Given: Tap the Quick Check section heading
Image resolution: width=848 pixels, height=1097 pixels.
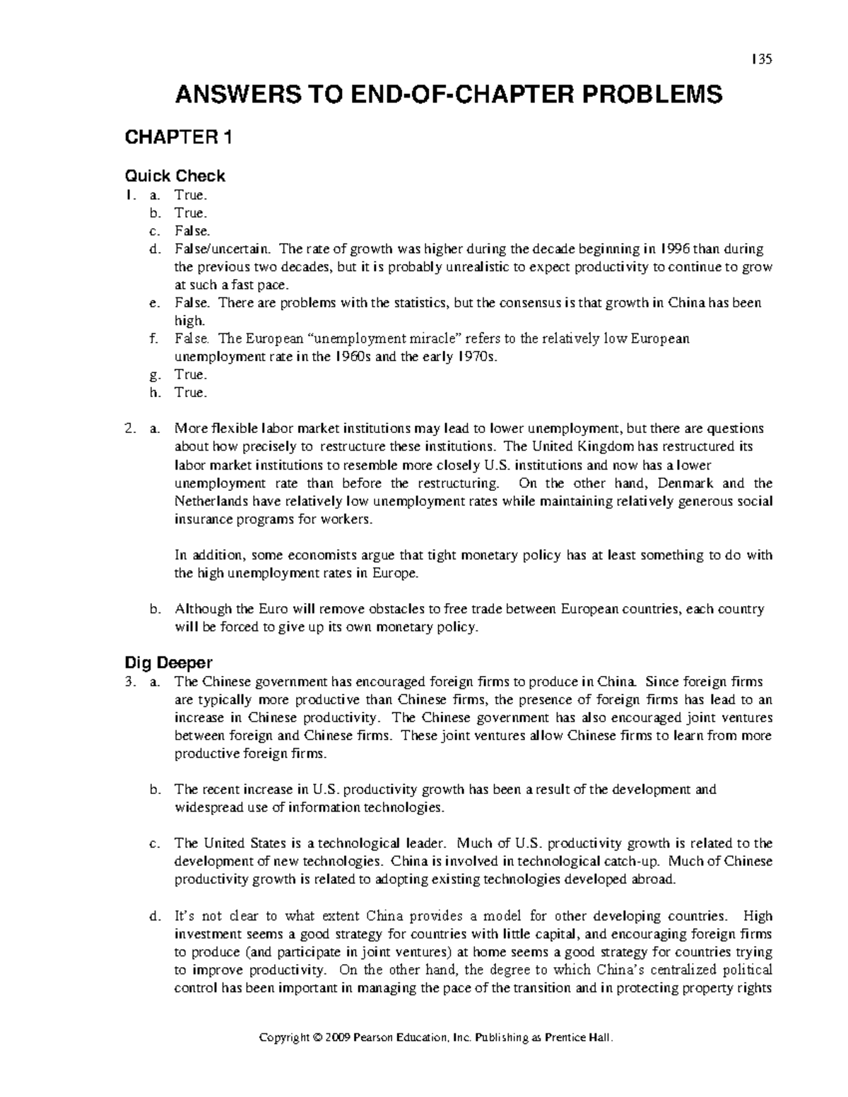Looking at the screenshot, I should pyautogui.click(x=175, y=176).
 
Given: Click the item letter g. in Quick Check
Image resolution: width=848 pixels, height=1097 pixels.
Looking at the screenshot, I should pyautogui.click(x=155, y=375).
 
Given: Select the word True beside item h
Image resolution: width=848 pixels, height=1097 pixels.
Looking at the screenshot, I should pyautogui.click(x=190, y=393).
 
